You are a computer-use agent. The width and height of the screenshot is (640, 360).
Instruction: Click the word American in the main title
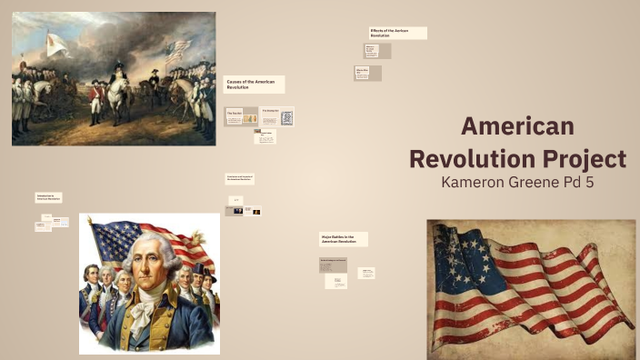pos(517,126)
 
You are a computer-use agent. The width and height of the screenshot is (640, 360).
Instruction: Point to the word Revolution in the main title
pos(464,158)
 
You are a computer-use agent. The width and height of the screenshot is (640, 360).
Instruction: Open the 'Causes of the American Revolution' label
pos(254,84)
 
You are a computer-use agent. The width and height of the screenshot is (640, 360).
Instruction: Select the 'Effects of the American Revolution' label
pos(397,33)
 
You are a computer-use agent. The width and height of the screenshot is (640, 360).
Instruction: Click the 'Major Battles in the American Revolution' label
pos(343,239)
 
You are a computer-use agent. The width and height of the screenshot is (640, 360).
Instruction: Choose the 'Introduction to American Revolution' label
pos(48,196)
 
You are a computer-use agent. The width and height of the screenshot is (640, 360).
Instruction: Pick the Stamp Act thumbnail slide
pos(277,117)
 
